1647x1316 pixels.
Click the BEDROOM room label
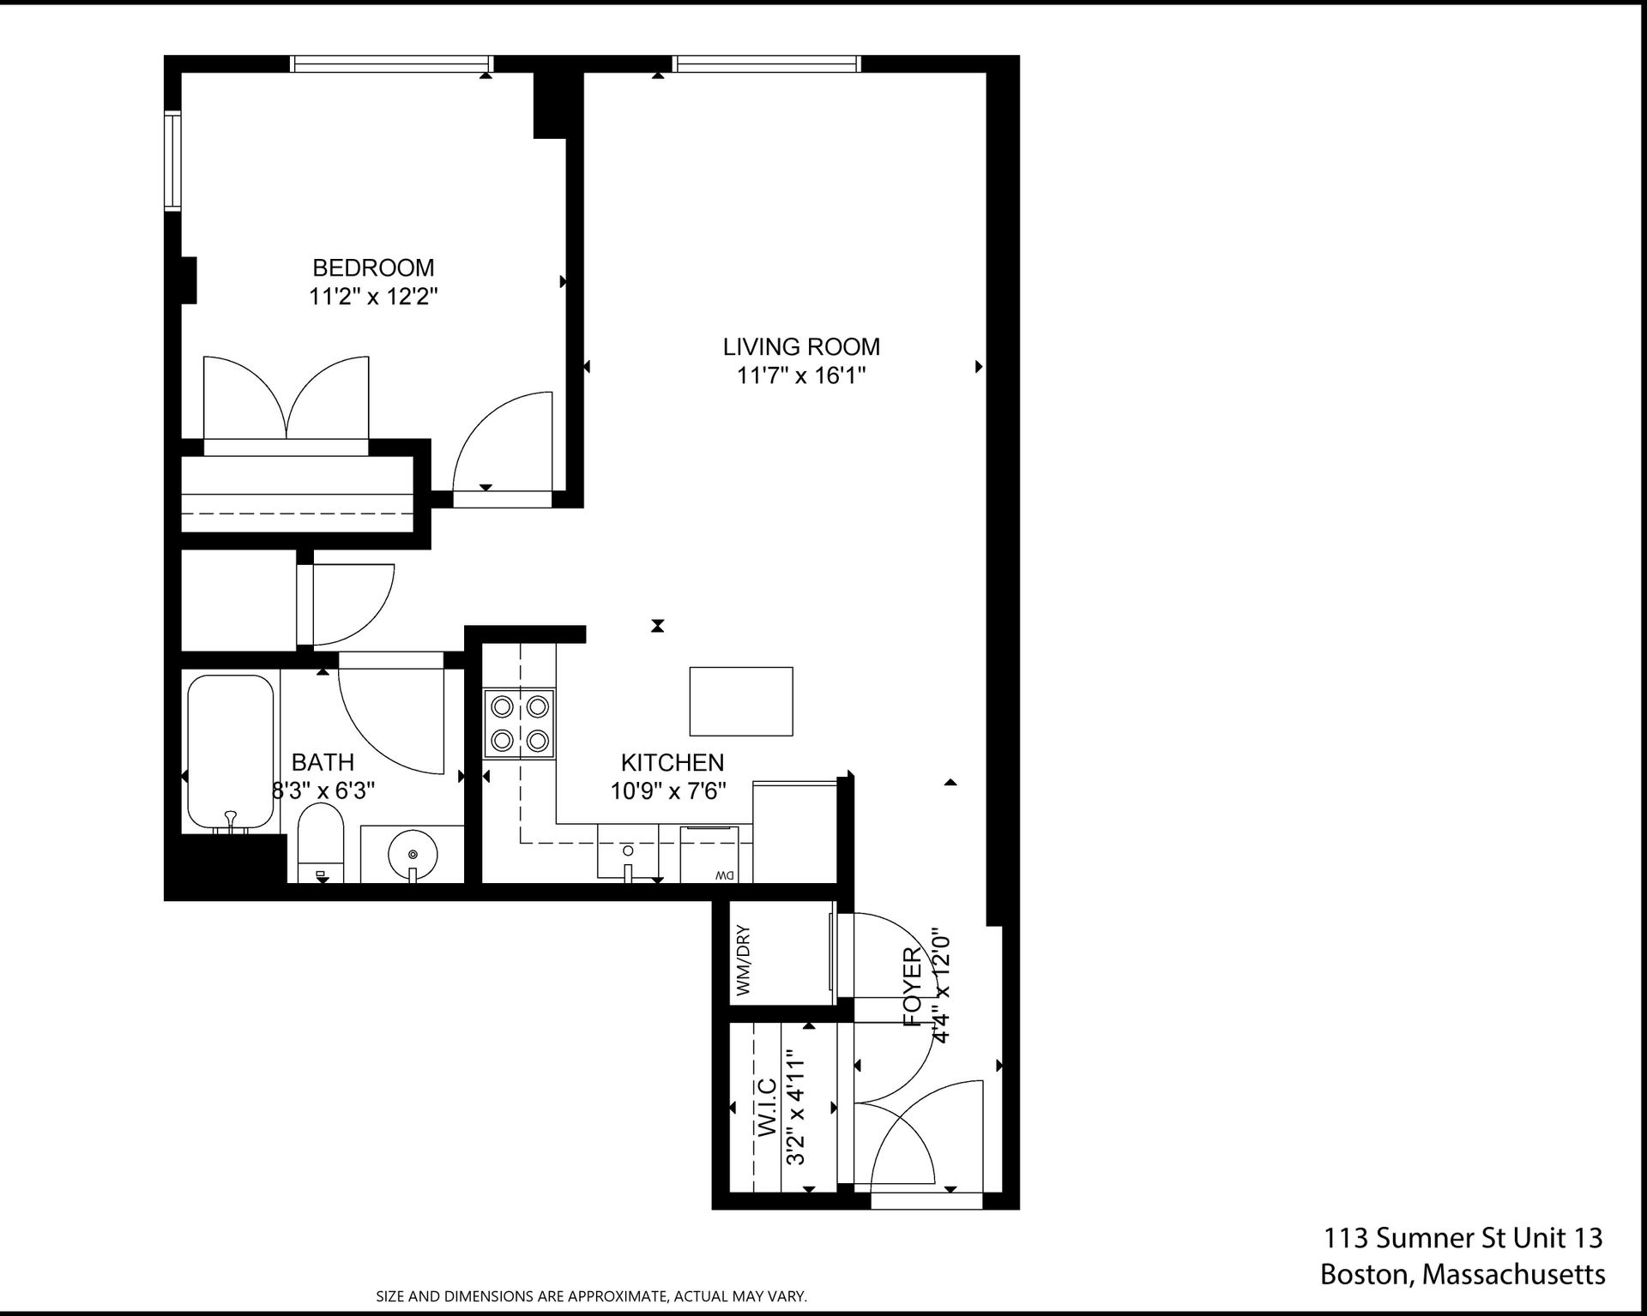click(373, 267)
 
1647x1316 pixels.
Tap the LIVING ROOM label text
click(801, 347)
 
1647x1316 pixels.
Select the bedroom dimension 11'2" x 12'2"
click(373, 297)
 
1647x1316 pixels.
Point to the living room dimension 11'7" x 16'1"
click(801, 376)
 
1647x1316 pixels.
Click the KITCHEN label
click(673, 762)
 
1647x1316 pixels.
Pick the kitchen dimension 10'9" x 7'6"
click(668, 790)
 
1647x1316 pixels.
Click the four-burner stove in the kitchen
click(520, 723)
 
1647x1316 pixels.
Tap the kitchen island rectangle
click(741, 701)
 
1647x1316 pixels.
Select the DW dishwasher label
click(723, 875)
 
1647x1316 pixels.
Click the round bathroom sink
click(413, 854)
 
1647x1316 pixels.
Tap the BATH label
click(323, 762)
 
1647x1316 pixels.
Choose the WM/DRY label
click(743, 959)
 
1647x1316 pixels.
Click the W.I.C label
click(768, 1107)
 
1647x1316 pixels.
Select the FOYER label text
click(912, 987)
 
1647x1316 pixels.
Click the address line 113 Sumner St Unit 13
click(1463, 1238)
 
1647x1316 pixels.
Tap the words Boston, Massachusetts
click(1463, 1275)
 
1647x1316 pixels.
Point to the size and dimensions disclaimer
click(592, 1296)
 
